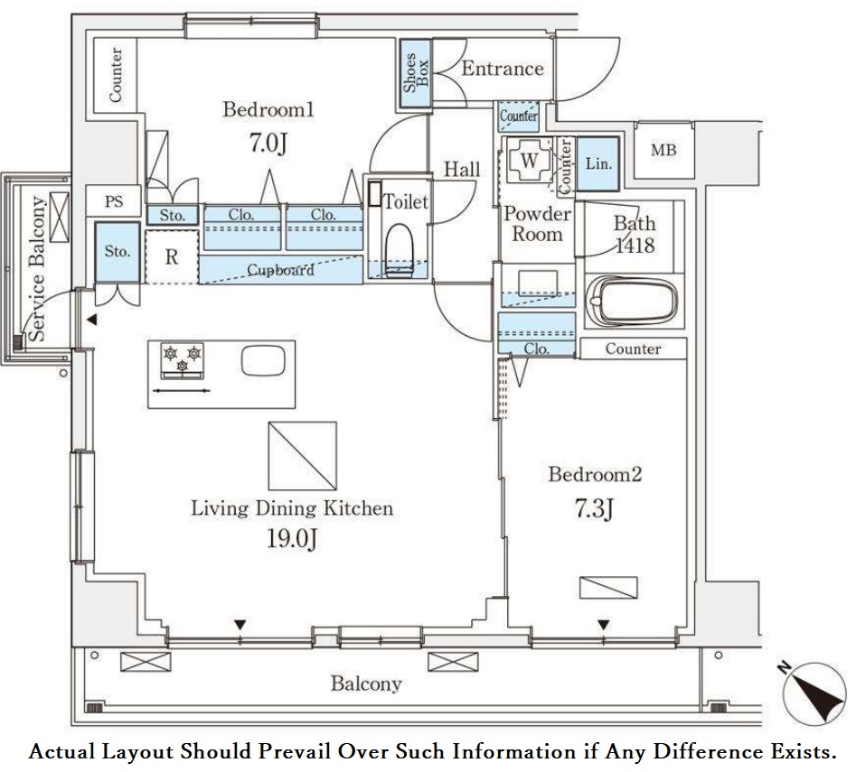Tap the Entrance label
(x=503, y=69)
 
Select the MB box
(x=663, y=151)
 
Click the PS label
(x=114, y=202)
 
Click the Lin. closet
(x=597, y=163)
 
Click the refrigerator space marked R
(x=171, y=256)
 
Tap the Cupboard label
(x=281, y=270)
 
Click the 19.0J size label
(x=291, y=539)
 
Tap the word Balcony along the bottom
(x=365, y=684)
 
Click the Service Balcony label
(x=38, y=268)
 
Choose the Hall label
(x=461, y=170)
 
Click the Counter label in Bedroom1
(x=116, y=74)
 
